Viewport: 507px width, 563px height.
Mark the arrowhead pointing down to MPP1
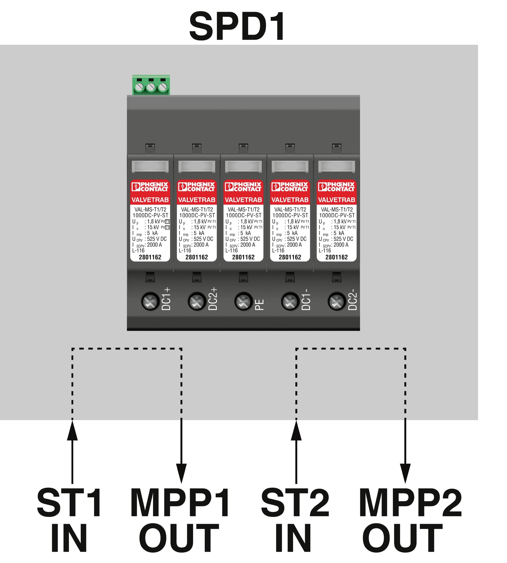(181, 473)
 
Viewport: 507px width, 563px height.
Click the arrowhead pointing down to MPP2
(405, 473)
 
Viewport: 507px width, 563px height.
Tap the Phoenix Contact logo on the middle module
(243, 187)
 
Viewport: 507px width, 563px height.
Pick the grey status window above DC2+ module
(197, 167)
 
